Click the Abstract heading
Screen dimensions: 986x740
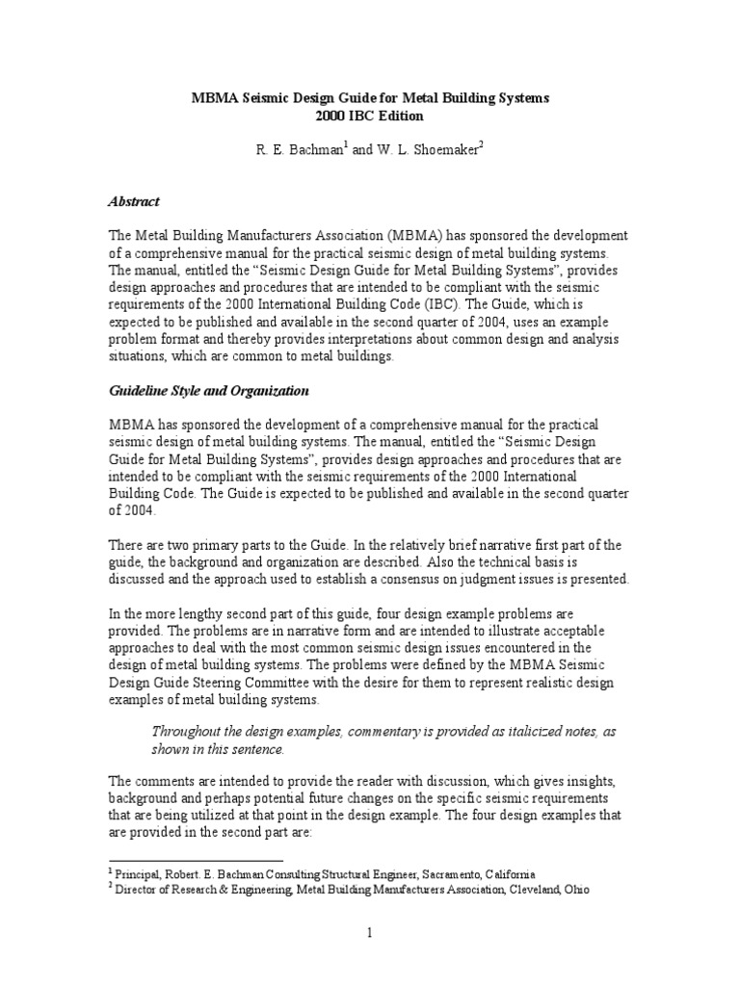(x=133, y=202)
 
